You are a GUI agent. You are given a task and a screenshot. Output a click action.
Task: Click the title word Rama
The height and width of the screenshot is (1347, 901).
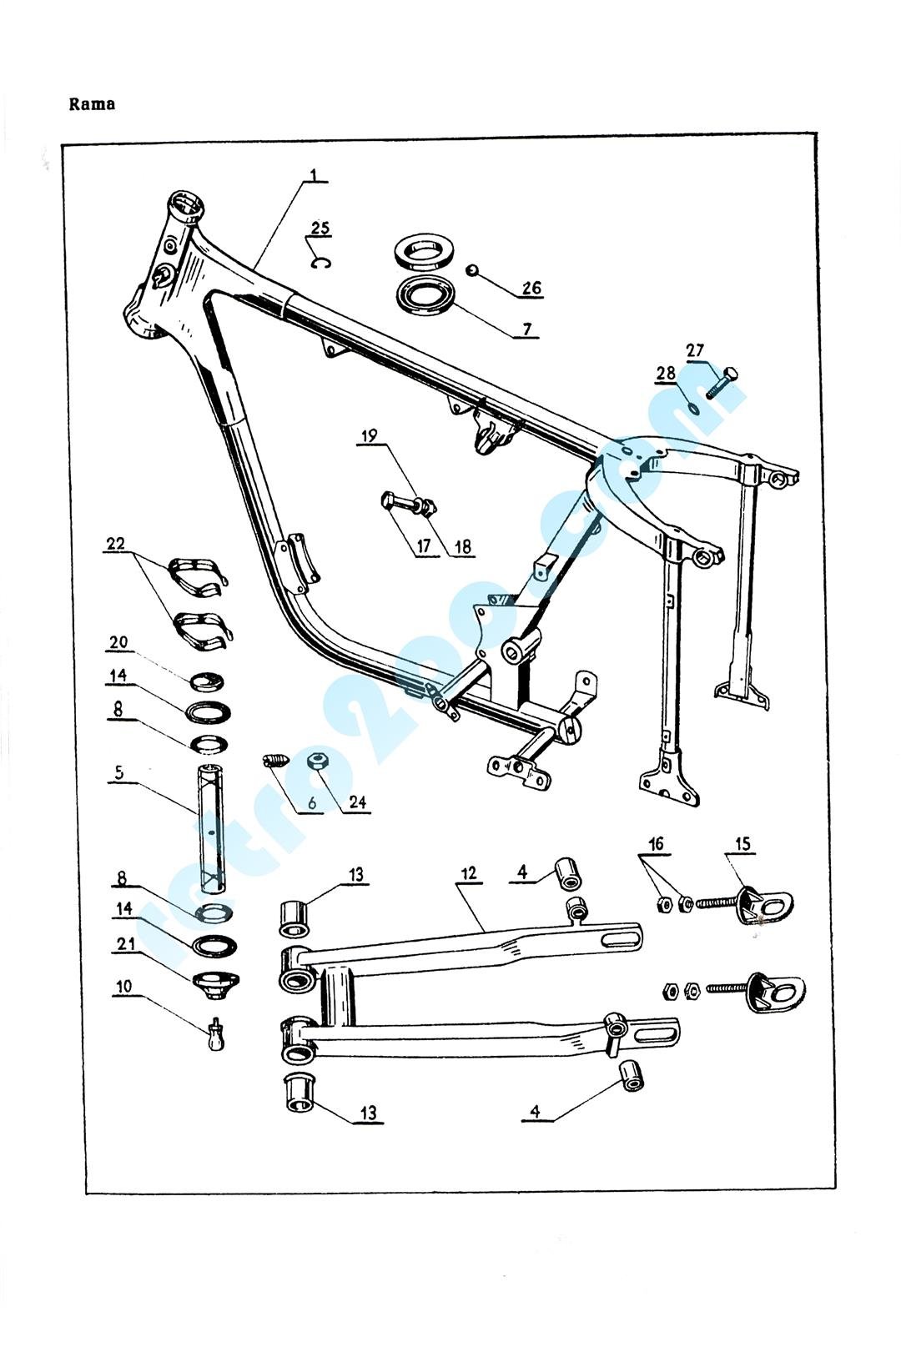click(92, 104)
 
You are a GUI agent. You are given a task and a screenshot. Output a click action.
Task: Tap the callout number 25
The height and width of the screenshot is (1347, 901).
click(320, 229)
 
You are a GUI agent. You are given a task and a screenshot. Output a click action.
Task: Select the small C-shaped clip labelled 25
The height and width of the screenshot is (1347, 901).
click(320, 264)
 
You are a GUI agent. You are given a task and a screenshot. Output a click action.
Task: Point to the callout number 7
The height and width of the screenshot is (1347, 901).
click(526, 329)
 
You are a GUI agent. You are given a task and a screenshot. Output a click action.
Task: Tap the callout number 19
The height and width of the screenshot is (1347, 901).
click(369, 435)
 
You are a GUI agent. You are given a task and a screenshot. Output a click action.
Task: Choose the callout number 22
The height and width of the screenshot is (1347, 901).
click(115, 544)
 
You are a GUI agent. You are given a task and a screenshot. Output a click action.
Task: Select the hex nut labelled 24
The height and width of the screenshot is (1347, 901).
click(316, 761)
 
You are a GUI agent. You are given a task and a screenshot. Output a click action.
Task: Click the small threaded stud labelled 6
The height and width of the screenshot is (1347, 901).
click(274, 760)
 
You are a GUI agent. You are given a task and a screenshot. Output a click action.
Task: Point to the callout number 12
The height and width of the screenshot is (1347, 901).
click(468, 872)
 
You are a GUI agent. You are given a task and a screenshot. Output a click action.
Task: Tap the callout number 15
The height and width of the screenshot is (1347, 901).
click(742, 844)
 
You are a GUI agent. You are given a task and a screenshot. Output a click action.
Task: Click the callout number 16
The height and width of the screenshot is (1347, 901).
click(656, 844)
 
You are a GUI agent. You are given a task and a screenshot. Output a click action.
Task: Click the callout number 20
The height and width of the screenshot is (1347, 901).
click(118, 642)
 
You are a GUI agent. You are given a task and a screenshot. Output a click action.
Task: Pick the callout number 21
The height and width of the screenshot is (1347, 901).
click(125, 943)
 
